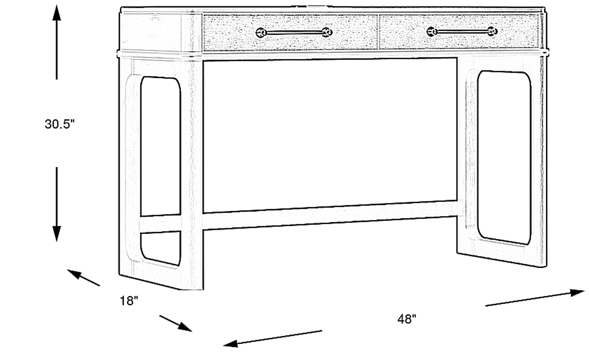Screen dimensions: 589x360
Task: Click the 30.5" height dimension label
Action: point(60,124)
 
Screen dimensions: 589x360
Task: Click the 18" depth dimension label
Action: point(129,301)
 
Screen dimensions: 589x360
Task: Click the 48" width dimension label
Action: point(407,319)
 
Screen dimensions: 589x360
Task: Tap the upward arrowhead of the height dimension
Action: point(56,12)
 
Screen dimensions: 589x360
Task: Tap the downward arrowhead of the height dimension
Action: point(56,234)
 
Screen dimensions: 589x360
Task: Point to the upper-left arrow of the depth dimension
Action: point(83,278)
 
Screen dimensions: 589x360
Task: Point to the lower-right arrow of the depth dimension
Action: point(176,323)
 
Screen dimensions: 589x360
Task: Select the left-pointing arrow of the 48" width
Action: point(273,339)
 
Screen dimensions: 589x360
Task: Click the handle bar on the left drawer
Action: point(294,33)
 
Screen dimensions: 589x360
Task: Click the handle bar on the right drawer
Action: point(462,32)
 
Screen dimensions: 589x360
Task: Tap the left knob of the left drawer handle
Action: point(261,33)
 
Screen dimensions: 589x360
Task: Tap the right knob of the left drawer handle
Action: point(327,32)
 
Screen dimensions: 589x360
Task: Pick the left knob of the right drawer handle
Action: point(432,32)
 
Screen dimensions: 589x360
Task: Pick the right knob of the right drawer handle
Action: point(492,31)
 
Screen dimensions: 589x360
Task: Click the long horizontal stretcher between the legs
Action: point(330,216)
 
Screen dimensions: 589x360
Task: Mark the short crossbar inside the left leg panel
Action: point(161,224)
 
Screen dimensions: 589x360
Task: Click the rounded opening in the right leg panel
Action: point(504,158)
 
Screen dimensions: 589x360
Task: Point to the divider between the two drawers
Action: point(378,32)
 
